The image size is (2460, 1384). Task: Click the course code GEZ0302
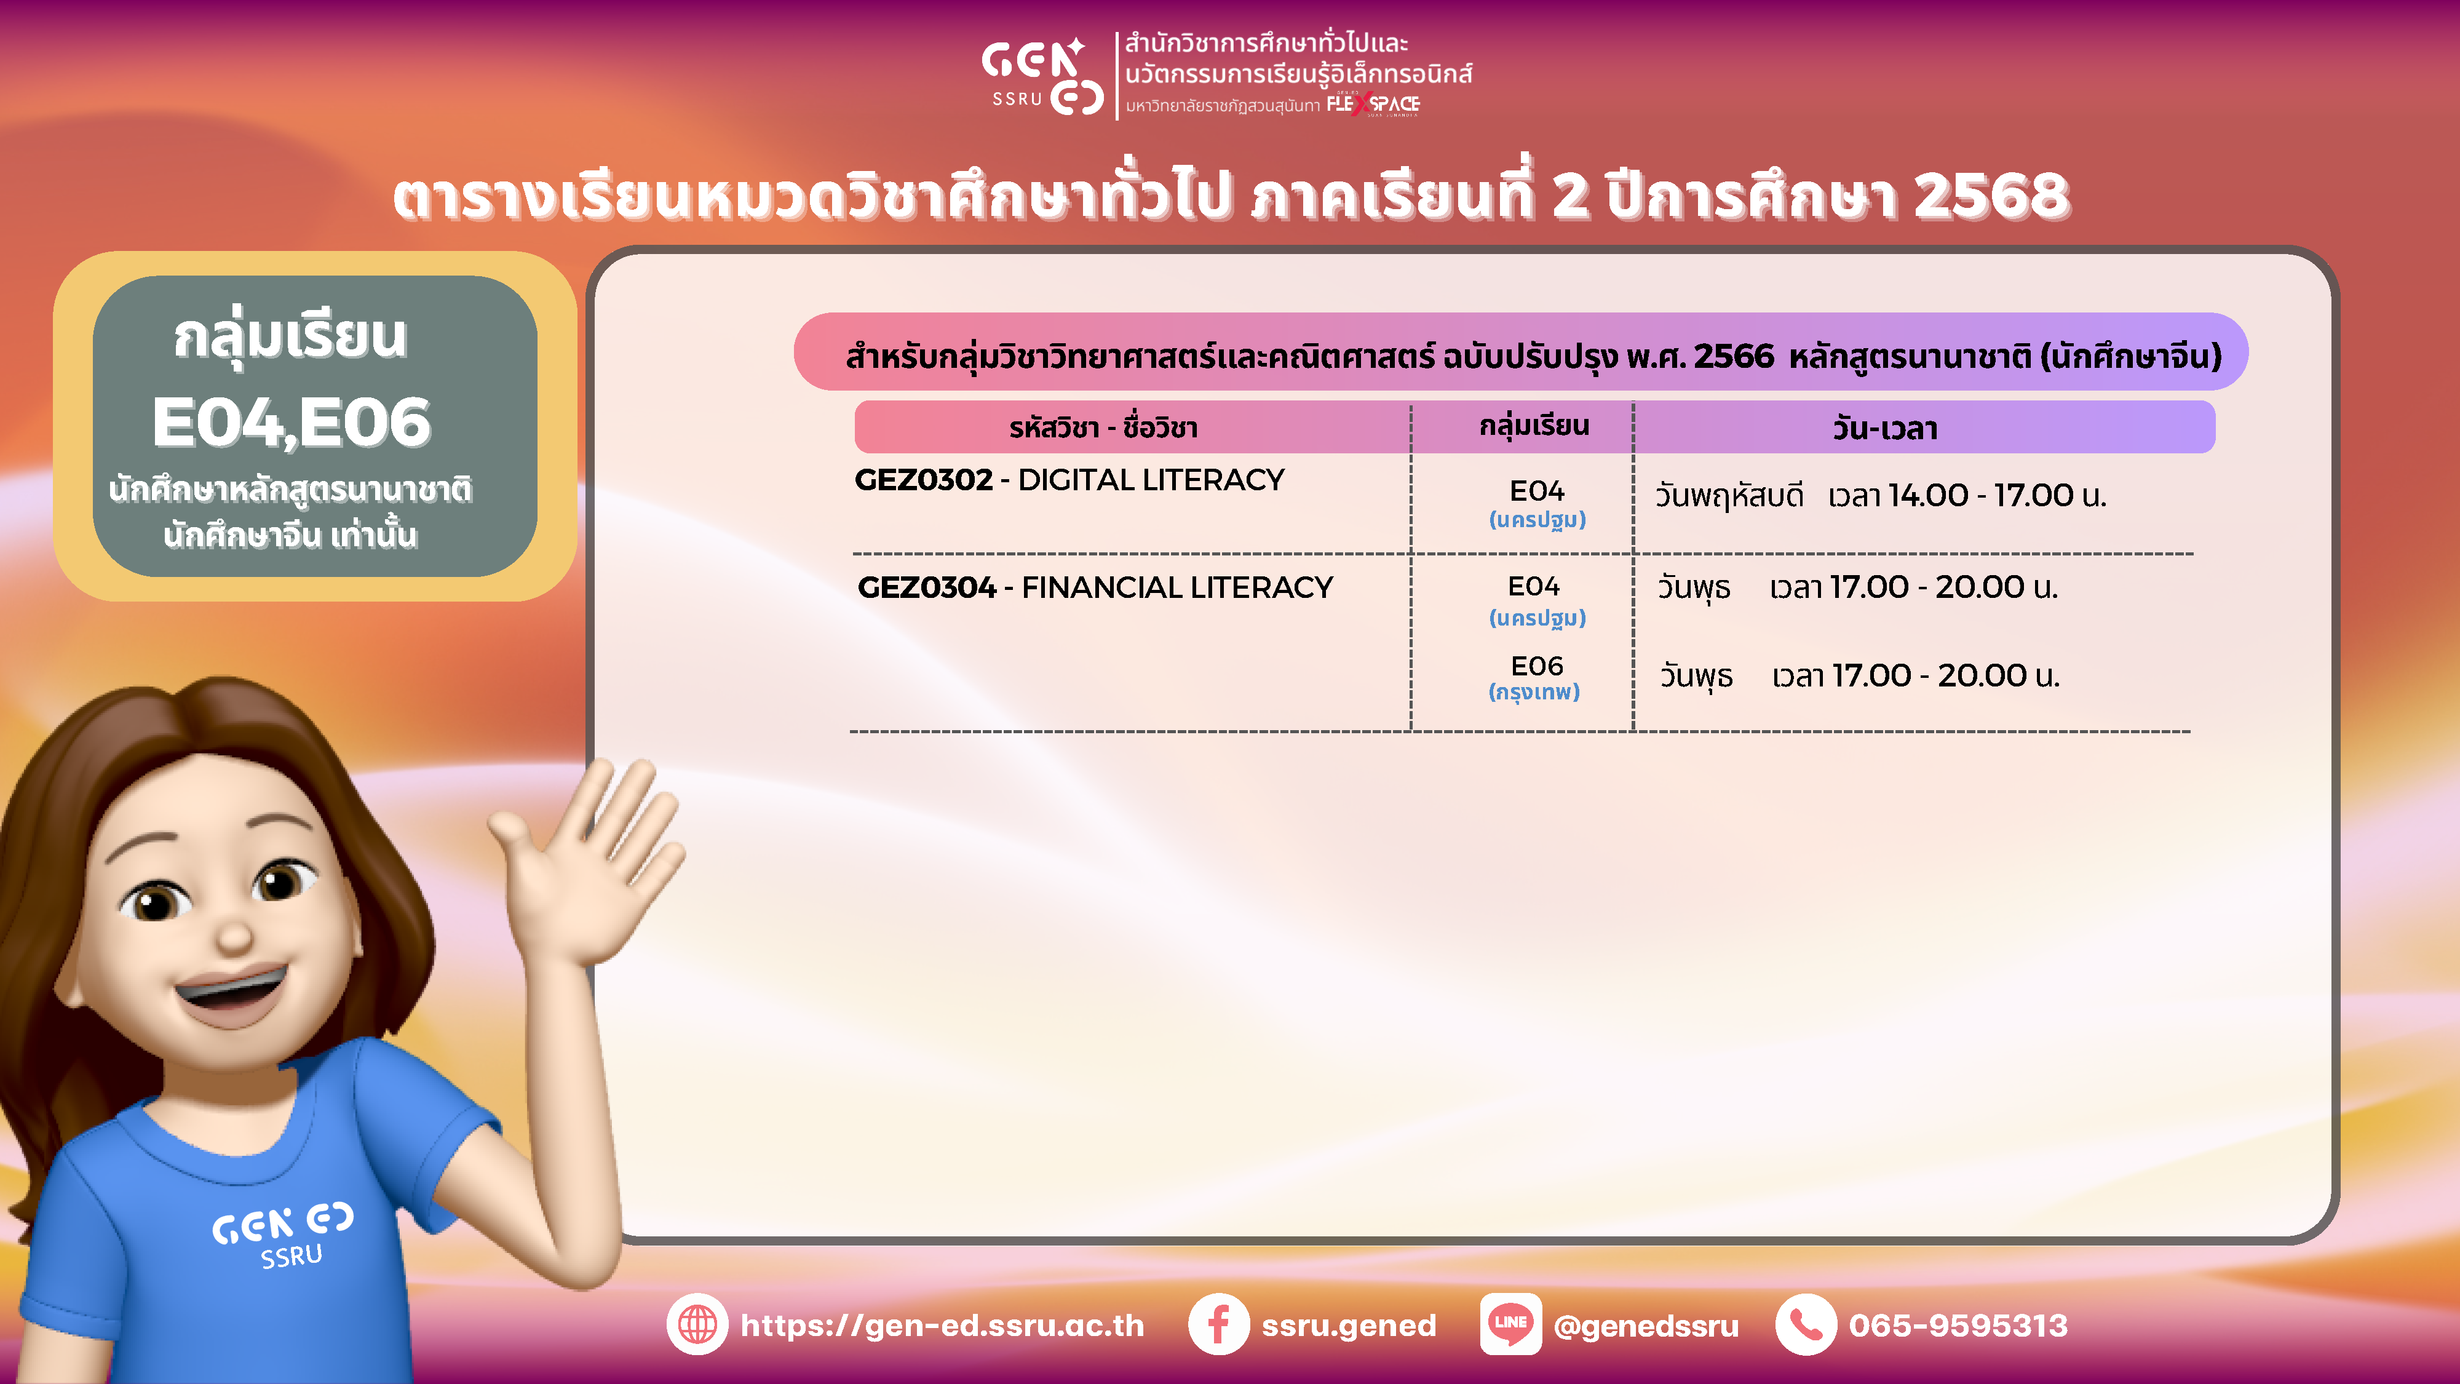coord(924,480)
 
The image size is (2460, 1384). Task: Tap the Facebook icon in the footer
coord(1218,1324)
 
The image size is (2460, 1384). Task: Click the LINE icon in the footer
coord(1510,1324)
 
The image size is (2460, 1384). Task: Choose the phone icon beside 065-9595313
coord(1805,1324)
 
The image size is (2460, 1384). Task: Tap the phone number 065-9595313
coord(1958,1325)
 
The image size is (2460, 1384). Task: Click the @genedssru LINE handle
coord(1645,1326)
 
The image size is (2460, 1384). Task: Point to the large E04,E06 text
coord(292,423)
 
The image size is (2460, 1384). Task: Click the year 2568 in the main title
coord(1992,196)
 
